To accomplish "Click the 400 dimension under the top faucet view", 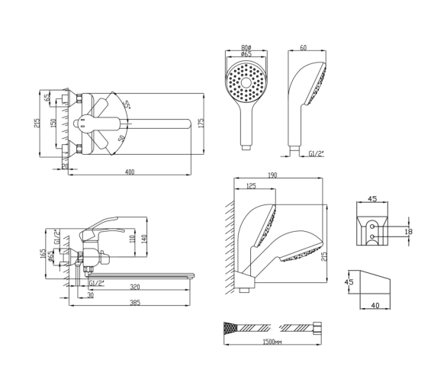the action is tap(130, 172).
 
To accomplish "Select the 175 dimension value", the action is tap(201, 123).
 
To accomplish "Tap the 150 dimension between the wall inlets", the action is tap(53, 123).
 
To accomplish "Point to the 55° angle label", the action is tap(127, 105).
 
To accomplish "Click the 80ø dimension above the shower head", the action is tap(246, 47).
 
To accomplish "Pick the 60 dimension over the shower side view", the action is tap(304, 47).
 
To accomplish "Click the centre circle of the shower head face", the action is tap(246, 83).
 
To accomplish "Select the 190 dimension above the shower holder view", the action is tap(272, 175).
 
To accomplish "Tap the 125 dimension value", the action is tap(251, 186).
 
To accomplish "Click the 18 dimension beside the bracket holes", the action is tap(409, 232).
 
